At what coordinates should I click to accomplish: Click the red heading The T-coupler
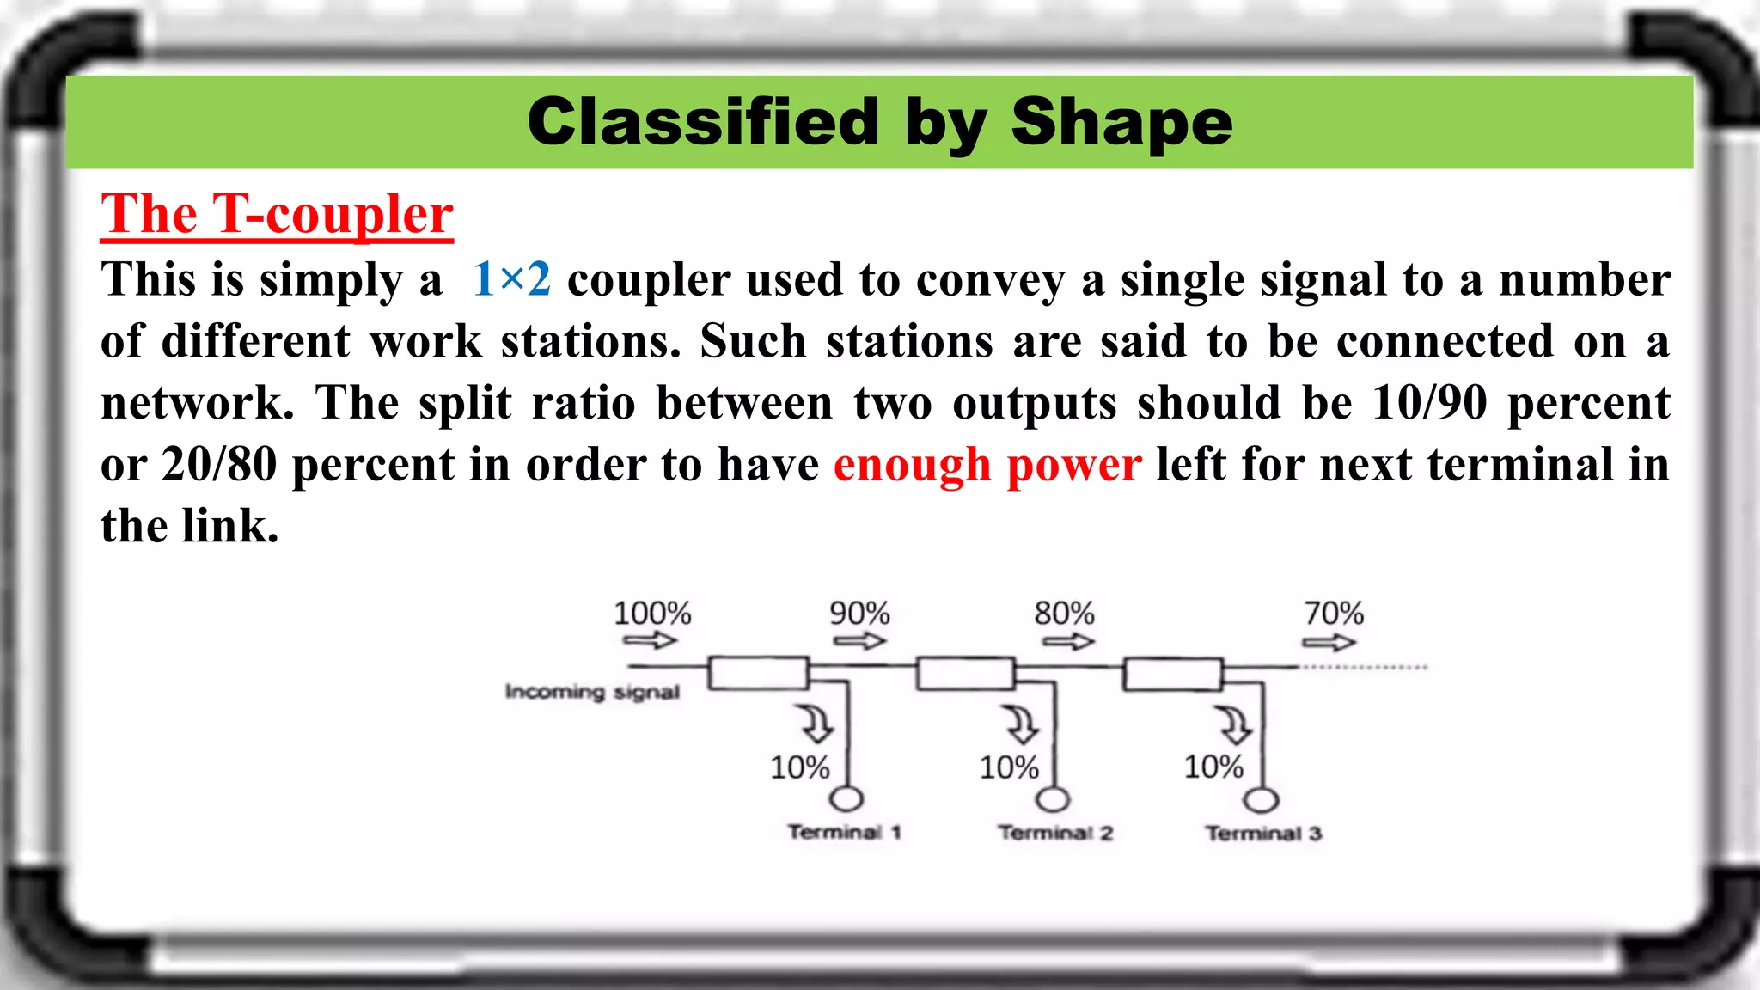(277, 214)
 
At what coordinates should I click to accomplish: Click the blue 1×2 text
(511, 280)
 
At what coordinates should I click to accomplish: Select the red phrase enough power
(987, 465)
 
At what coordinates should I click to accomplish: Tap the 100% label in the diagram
(652, 614)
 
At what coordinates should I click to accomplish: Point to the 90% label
(859, 614)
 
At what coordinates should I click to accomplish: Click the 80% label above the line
(1064, 614)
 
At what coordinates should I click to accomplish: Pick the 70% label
(1334, 614)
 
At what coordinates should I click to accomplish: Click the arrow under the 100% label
(651, 641)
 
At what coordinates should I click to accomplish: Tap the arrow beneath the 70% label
(1329, 643)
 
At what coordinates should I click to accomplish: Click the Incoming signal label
(592, 692)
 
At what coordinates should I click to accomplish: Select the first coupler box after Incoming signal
(758, 673)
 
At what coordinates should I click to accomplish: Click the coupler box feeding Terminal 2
(965, 674)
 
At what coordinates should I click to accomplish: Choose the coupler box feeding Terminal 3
(1173, 675)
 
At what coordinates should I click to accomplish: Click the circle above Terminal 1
(846, 799)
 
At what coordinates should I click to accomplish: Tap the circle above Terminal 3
(1262, 800)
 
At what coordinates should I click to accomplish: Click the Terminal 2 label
(1055, 833)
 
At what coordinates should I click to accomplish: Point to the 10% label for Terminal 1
(799, 767)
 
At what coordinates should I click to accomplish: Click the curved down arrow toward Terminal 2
(1022, 724)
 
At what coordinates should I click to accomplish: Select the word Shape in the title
(1121, 122)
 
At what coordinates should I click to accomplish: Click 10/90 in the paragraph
(1429, 403)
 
